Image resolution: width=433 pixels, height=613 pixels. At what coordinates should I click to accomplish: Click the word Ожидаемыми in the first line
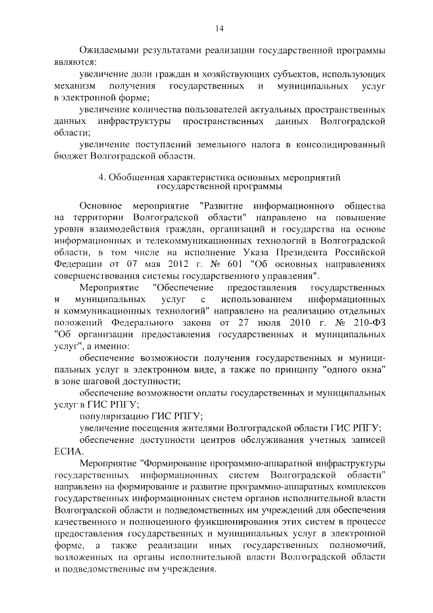pyautogui.click(x=109, y=51)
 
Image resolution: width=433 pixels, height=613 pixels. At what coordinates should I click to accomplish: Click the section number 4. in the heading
pyautogui.click(x=101, y=177)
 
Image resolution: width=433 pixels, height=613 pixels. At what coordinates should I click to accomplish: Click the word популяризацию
pyautogui.click(x=114, y=415)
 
